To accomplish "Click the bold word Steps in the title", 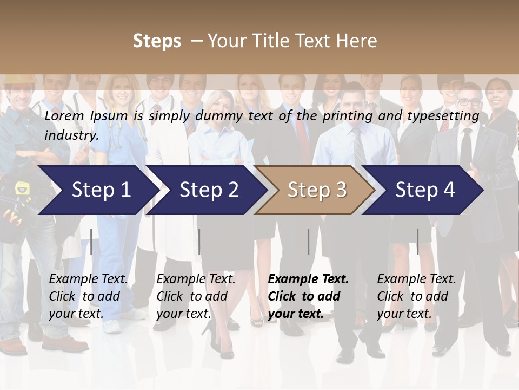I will (157, 41).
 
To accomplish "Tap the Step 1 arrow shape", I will (95, 190).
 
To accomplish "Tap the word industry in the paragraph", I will (71, 135).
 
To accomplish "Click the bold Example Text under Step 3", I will (308, 279).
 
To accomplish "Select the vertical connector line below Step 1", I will (91, 242).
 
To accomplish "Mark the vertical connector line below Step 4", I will (417, 242).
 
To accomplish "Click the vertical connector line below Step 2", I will (199, 242).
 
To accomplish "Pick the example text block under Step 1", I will (89, 296).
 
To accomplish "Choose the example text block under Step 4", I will (416, 296).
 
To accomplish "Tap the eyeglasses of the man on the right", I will (469, 101).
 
